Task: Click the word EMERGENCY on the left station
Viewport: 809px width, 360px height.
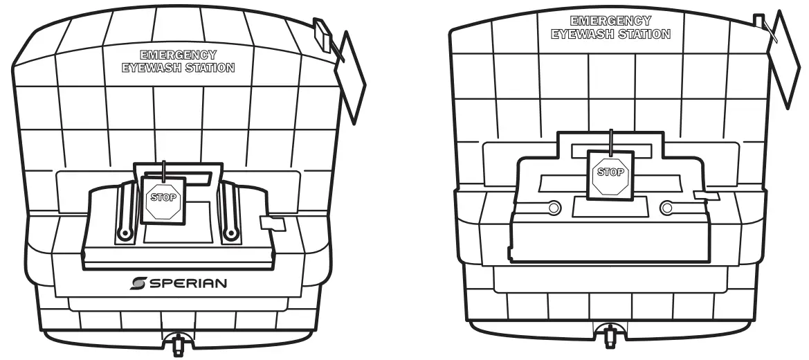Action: pos(178,55)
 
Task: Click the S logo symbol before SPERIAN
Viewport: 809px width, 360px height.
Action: pos(138,283)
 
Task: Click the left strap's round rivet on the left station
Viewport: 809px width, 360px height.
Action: pos(125,234)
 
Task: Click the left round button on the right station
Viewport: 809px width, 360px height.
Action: pos(554,206)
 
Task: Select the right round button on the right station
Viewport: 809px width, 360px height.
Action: pos(667,206)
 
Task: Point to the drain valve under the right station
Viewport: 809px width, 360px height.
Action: pos(610,336)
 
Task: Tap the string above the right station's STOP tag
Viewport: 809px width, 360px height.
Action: pos(610,138)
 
